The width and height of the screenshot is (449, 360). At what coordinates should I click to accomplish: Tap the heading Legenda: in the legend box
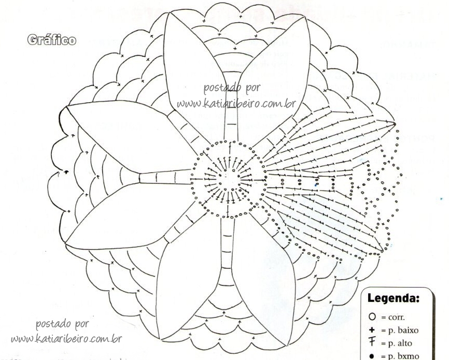pos(394,299)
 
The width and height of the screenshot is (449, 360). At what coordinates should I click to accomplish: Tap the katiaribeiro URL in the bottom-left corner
pos(66,340)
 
